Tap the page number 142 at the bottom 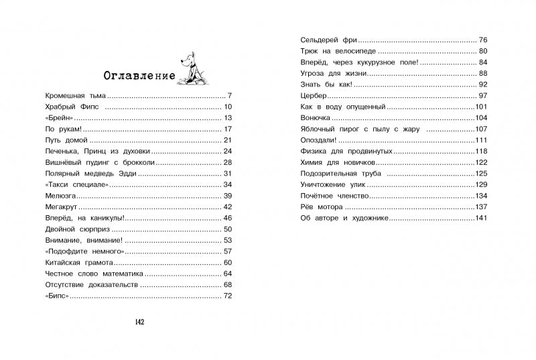coord(140,322)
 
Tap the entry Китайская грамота coord(76,261)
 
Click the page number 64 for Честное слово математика coord(227,273)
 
